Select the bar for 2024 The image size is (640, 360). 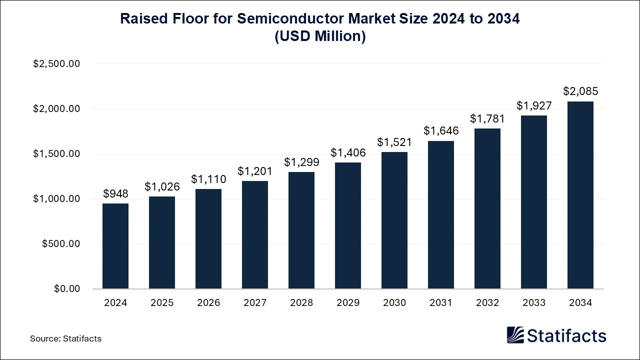(115, 246)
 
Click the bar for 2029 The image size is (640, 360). (348, 225)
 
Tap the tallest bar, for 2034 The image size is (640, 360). (580, 195)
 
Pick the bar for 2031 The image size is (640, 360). (441, 215)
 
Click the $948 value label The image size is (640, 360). (115, 193)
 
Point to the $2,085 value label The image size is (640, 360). (580, 91)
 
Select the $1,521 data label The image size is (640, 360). (394, 142)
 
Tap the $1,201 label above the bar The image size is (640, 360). (255, 171)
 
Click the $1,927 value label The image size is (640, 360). (534, 106)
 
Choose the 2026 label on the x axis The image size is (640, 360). (208, 303)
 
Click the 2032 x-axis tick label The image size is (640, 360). (487, 303)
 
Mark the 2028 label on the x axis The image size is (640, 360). (301, 303)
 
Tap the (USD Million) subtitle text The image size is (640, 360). (320, 36)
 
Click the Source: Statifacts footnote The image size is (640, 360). (65, 338)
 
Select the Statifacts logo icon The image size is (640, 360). (515, 335)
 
